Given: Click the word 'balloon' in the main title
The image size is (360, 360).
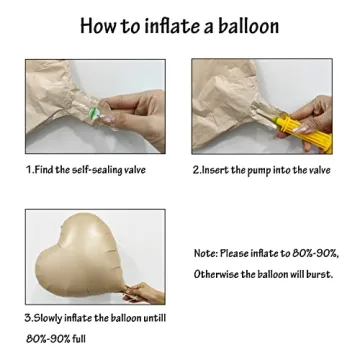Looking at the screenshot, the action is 248,25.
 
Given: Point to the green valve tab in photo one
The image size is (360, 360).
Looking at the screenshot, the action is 94,113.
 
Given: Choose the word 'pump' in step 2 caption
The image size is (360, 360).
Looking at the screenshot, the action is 259,171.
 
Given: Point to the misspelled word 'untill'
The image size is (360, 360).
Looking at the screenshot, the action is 154,317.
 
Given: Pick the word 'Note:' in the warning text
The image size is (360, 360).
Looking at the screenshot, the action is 206,253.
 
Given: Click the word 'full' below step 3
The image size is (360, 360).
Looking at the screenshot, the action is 79,339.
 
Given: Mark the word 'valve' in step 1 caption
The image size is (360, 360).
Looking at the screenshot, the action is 135,170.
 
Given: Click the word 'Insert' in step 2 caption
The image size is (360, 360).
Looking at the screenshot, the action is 215,170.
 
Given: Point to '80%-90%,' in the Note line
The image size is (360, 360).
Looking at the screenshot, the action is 316,253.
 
